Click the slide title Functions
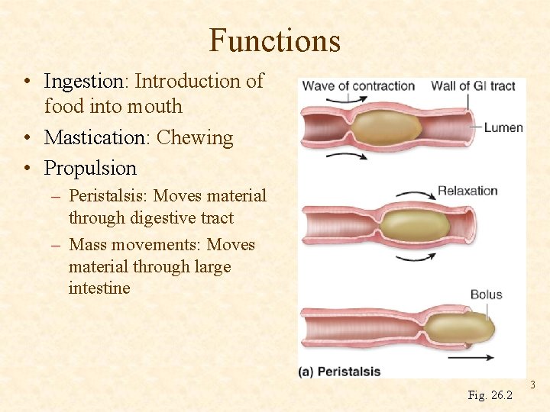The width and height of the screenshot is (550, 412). click(274, 40)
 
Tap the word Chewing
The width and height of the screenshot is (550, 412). click(195, 138)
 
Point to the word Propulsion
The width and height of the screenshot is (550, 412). click(90, 168)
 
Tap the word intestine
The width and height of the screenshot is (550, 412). click(99, 288)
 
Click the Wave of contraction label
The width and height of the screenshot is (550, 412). click(358, 86)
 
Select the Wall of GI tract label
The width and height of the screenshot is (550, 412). click(473, 86)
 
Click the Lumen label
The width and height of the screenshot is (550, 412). click(503, 127)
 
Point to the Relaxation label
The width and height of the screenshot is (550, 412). click(467, 191)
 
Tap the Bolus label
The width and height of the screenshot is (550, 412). click(486, 295)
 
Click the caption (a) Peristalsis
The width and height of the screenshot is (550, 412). click(340, 372)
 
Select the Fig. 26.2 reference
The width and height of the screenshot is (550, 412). click(490, 394)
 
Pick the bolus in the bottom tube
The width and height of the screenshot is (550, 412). click(458, 328)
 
